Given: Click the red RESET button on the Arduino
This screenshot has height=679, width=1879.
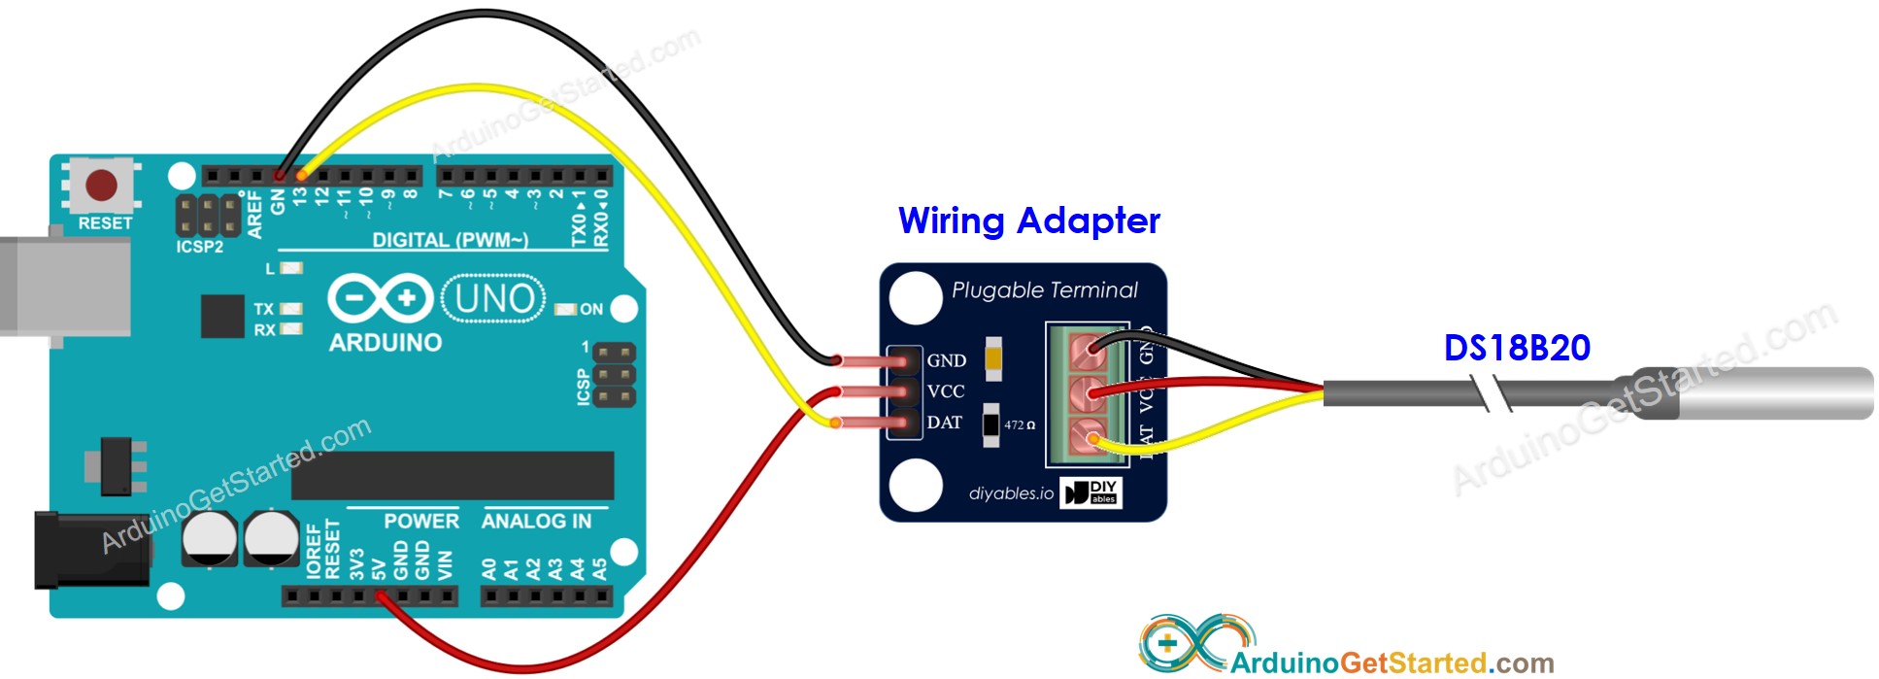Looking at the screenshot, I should tap(102, 185).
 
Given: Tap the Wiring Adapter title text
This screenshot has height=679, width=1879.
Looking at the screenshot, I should tap(1028, 221).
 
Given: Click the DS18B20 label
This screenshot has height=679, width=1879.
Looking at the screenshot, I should tap(1517, 348).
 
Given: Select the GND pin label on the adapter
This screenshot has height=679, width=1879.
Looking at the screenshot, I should tap(946, 360).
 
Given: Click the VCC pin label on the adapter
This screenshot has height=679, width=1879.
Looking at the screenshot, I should tap(946, 391).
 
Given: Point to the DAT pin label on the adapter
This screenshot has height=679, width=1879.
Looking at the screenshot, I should tap(944, 423).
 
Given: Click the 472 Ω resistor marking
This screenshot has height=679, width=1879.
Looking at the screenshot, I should tap(1019, 425).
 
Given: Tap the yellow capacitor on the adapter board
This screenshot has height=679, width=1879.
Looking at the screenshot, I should tap(992, 359).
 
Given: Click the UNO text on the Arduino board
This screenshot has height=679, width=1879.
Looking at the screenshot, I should tap(493, 299).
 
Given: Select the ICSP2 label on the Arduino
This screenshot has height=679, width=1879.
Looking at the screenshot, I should tap(200, 247).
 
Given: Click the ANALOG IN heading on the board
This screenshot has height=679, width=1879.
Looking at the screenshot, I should tap(536, 522).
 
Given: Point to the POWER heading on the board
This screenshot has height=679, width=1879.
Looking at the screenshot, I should tap(420, 522).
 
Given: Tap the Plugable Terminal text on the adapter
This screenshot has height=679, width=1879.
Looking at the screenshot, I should tap(1044, 290).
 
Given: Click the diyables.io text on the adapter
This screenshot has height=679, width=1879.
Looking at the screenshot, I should tap(1011, 493).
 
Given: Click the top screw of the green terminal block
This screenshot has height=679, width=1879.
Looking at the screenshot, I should tap(1088, 351).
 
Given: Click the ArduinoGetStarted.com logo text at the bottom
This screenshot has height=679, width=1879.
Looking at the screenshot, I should tap(1391, 662).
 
